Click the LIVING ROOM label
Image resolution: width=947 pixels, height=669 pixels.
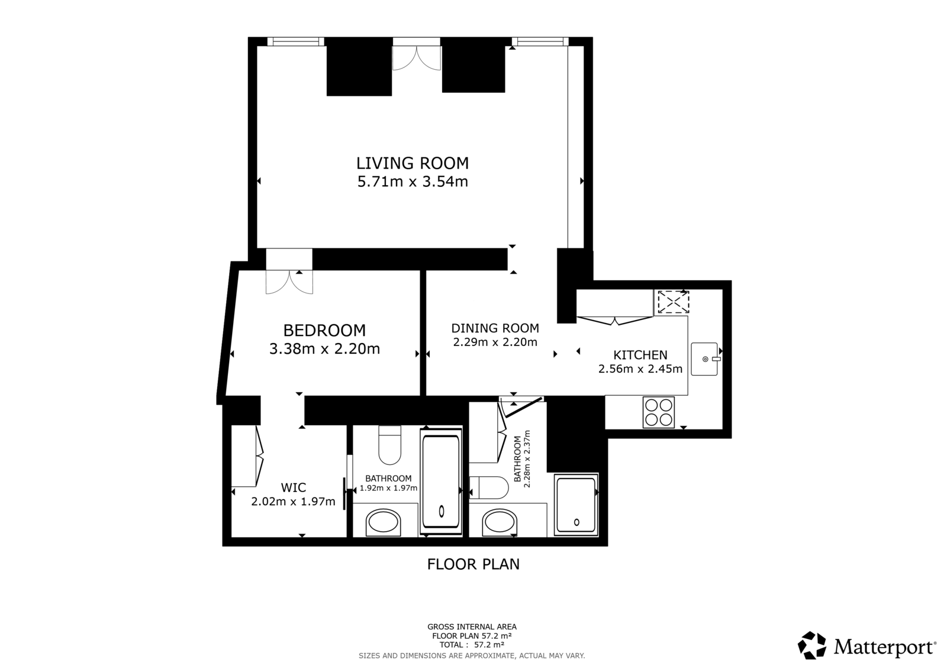pyautogui.click(x=413, y=163)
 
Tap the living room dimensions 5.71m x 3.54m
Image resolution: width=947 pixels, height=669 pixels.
pyautogui.click(x=413, y=182)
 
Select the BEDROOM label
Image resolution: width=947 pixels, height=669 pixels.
pyautogui.click(x=325, y=330)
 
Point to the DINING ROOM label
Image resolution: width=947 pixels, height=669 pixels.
pyautogui.click(x=495, y=328)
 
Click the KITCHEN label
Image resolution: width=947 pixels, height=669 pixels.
pyautogui.click(x=640, y=355)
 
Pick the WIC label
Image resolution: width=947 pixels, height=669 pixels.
pyautogui.click(x=294, y=487)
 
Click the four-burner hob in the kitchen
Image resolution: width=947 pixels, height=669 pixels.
pyautogui.click(x=659, y=412)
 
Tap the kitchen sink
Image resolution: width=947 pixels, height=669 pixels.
pyautogui.click(x=705, y=359)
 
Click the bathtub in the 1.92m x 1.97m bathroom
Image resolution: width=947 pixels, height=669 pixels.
pyautogui.click(x=440, y=481)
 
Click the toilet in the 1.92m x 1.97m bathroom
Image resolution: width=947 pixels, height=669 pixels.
pyautogui.click(x=389, y=445)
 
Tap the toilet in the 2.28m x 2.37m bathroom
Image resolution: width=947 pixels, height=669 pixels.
pyautogui.click(x=489, y=487)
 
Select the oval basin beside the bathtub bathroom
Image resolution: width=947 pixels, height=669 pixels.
pyautogui.click(x=383, y=523)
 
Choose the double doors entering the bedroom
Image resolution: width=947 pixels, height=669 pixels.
pyautogui.click(x=289, y=282)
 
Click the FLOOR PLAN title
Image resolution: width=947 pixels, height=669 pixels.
pyautogui.click(x=473, y=564)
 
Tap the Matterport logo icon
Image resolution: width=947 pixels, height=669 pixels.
pyautogui.click(x=811, y=645)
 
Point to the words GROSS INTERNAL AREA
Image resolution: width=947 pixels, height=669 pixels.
pyautogui.click(x=472, y=627)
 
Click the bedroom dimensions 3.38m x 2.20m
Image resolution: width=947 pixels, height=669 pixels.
pyautogui.click(x=325, y=348)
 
